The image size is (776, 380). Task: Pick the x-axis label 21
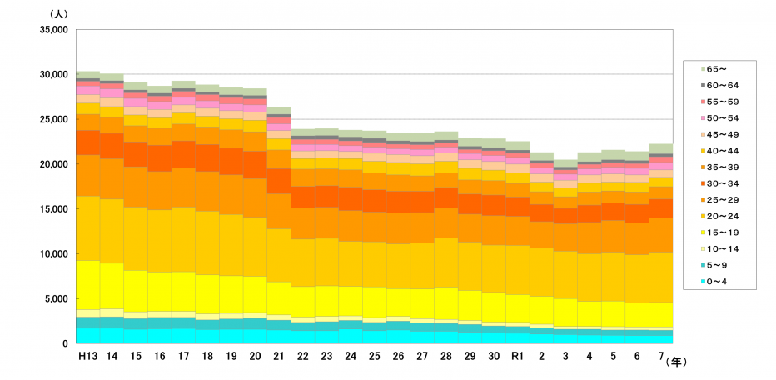(x=279, y=356)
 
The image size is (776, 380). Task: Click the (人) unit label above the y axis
(x=61, y=14)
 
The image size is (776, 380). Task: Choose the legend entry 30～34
(x=717, y=183)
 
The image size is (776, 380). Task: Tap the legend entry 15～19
(x=717, y=232)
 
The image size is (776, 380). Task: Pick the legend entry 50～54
(x=717, y=118)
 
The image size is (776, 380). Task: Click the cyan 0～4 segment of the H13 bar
(x=88, y=335)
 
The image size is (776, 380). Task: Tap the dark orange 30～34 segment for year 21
(x=279, y=181)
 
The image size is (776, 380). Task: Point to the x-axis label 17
(x=184, y=356)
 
